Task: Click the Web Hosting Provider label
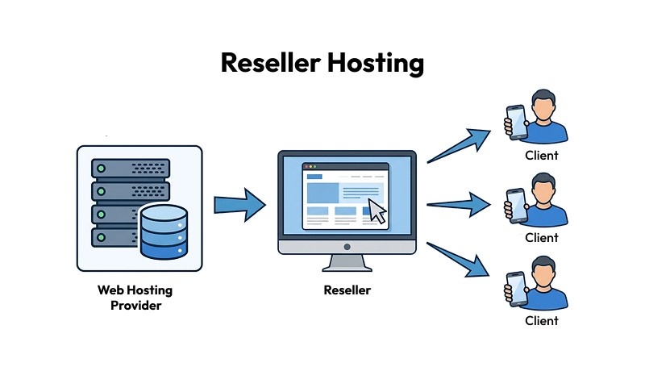[135, 298]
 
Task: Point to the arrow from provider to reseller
[239, 205]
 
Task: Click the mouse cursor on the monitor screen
[377, 211]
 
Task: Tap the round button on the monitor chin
[347, 247]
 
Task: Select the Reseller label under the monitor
[347, 290]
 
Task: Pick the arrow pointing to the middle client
[460, 204]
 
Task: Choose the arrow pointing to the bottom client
[460, 261]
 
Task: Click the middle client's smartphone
[514, 205]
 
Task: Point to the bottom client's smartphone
[514, 288]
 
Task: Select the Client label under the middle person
[542, 238]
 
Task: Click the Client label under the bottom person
[542, 320]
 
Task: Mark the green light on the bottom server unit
[101, 236]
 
